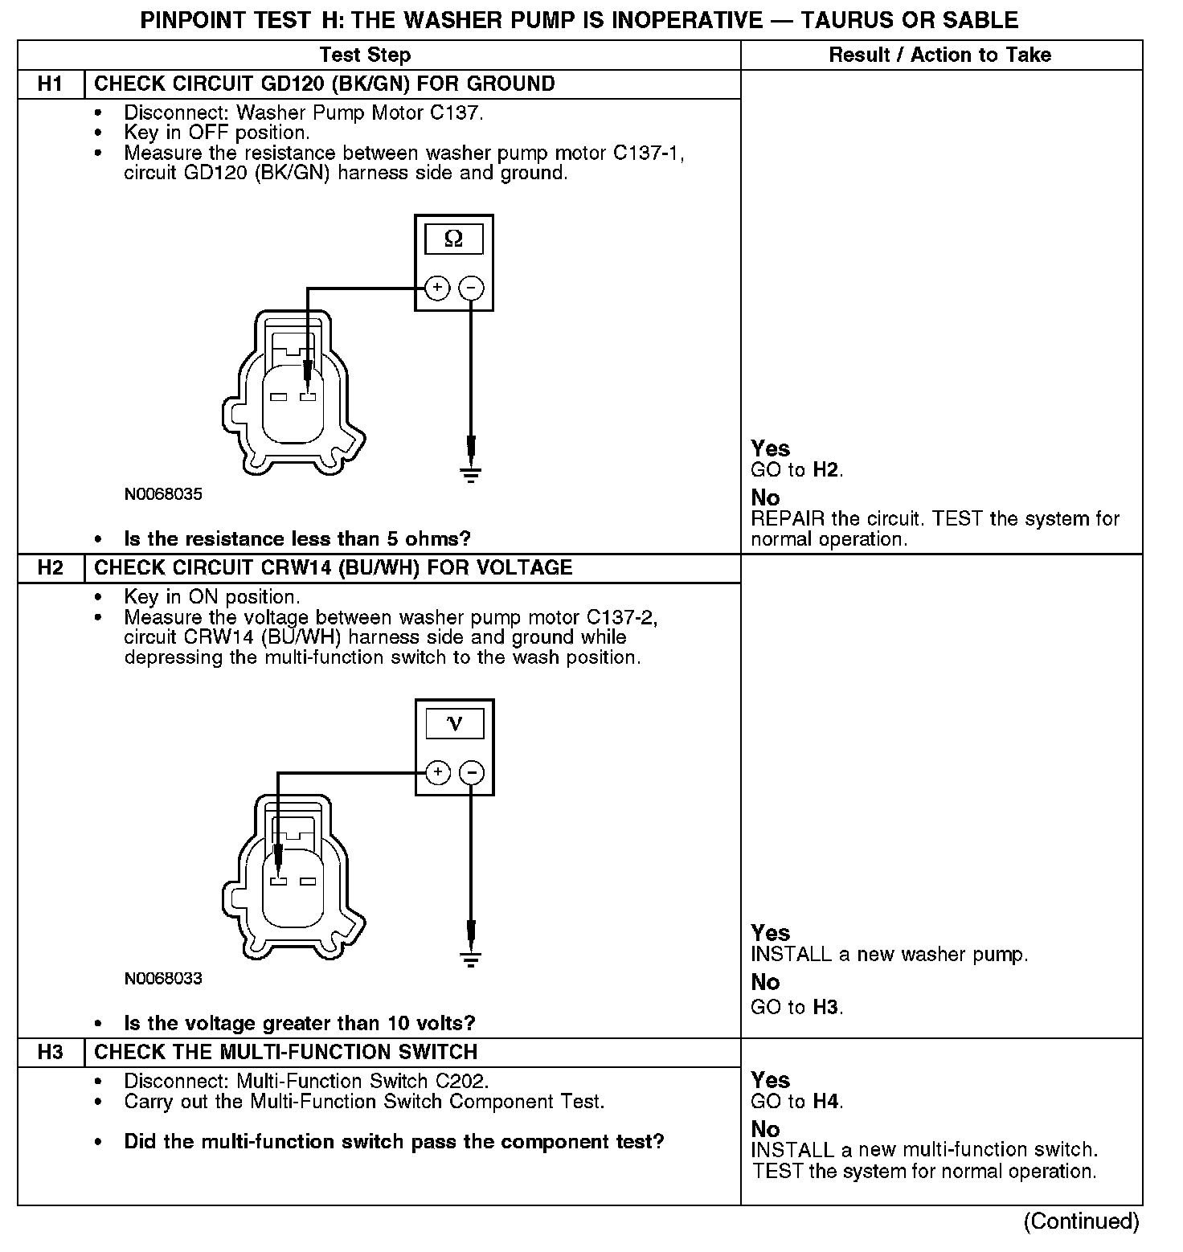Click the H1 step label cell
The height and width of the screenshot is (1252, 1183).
pyautogui.click(x=50, y=84)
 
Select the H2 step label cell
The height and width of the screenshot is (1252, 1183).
pyautogui.click(x=50, y=568)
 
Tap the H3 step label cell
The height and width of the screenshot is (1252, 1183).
pyautogui.click(x=50, y=1053)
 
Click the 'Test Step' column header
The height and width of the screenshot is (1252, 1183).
pyautogui.click(x=365, y=55)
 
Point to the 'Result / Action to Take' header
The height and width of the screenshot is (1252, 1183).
pyautogui.click(x=939, y=55)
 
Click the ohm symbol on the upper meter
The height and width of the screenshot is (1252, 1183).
pyautogui.click(x=453, y=239)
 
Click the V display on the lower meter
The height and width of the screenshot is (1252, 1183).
pyautogui.click(x=454, y=724)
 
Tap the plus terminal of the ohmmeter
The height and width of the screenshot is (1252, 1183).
pyautogui.click(x=436, y=288)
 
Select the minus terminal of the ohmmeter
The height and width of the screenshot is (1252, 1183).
pyautogui.click(x=471, y=288)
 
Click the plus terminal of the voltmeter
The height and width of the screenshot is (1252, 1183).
pyautogui.click(x=437, y=772)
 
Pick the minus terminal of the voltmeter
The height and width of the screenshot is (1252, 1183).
pyautogui.click(x=472, y=772)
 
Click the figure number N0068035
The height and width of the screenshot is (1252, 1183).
pyautogui.click(x=163, y=494)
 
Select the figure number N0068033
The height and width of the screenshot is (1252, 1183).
pyautogui.click(x=163, y=979)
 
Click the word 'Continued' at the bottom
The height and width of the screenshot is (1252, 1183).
pyautogui.click(x=1081, y=1221)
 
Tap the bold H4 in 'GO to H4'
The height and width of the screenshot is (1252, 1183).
pyautogui.click(x=827, y=1102)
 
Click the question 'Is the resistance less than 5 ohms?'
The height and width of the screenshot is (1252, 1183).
pyautogui.click(x=297, y=538)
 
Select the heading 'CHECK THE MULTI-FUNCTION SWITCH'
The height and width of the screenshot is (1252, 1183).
pyautogui.click(x=285, y=1053)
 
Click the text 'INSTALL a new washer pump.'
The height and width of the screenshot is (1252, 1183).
pyautogui.click(x=889, y=955)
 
